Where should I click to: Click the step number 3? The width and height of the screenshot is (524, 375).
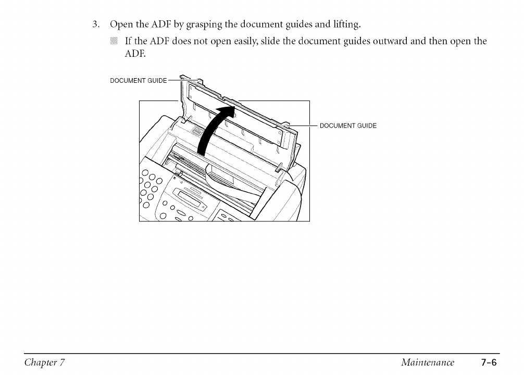[x=95, y=24]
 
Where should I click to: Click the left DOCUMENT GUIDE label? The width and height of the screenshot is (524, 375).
[x=139, y=80]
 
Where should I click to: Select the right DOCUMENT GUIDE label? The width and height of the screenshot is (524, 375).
[x=347, y=126]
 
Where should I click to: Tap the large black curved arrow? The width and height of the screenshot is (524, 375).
[x=214, y=130]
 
